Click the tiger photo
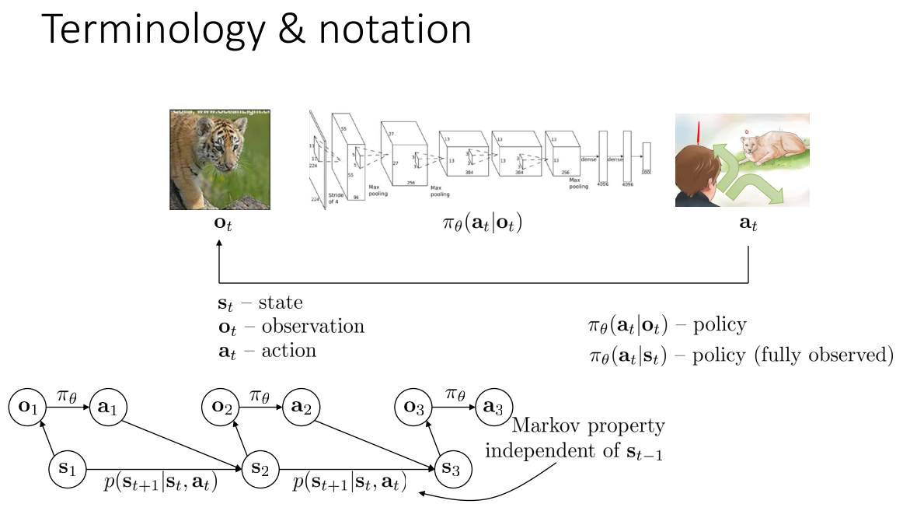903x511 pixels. tap(220, 159)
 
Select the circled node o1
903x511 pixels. tap(28, 407)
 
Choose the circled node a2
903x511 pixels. tap(301, 407)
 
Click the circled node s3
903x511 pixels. tap(451, 468)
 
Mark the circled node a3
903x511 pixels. tap(494, 407)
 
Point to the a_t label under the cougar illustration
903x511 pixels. tap(748, 226)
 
